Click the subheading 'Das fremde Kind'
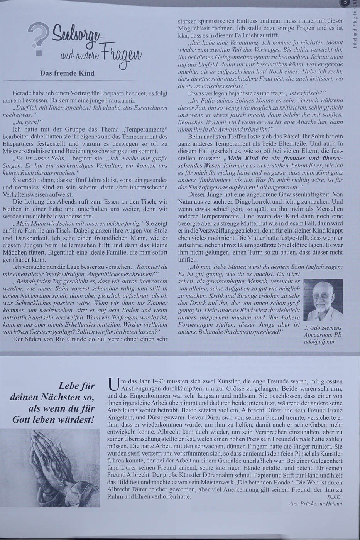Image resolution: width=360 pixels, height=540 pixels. (x=67, y=73)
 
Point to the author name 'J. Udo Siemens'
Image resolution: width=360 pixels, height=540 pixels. (x=323, y=328)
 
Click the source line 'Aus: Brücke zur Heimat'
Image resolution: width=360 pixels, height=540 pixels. (x=315, y=503)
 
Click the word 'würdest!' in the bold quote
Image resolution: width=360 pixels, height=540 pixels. (x=76, y=419)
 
